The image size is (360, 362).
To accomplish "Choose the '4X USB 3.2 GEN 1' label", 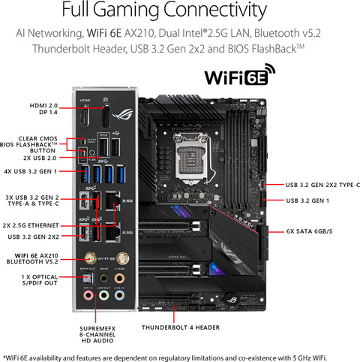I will [31, 171].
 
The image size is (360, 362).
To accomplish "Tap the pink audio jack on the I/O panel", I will [89, 298].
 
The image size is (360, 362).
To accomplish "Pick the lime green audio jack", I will [106, 298].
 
